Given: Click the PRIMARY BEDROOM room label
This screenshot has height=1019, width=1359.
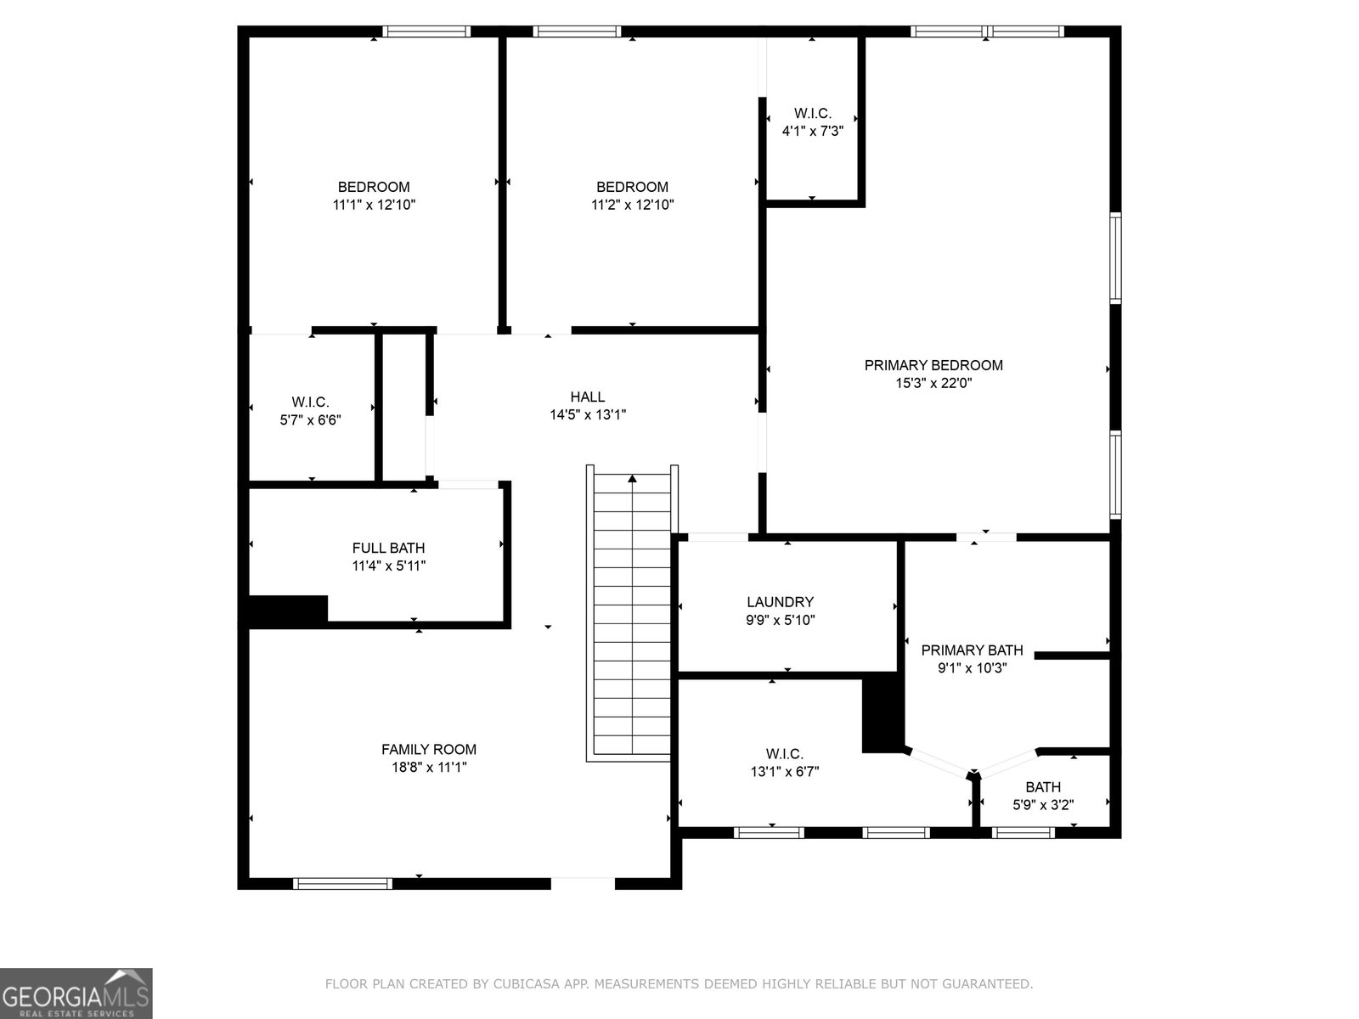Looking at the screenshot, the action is (933, 365).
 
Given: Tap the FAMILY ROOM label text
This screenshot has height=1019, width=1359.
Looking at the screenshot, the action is (428, 749).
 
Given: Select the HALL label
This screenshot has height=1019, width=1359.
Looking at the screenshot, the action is (588, 397).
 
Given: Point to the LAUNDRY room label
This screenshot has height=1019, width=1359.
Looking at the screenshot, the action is (780, 601).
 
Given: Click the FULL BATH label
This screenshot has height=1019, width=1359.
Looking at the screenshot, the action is (388, 548).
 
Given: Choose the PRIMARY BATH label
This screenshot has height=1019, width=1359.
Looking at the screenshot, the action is (972, 650).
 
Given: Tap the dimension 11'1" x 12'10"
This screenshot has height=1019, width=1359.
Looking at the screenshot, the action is (374, 205).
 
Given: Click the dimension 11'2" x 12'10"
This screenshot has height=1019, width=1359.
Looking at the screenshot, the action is (632, 205).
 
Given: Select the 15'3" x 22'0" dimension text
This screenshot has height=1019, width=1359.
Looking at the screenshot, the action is (933, 383).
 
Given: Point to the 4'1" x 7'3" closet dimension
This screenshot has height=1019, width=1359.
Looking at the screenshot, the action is (812, 131).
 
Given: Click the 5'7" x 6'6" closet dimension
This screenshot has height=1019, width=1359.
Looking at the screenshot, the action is (310, 420).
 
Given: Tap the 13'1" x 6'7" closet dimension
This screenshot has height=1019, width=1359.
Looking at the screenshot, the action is (785, 772).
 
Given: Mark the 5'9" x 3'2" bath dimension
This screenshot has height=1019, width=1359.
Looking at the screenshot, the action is (1043, 805).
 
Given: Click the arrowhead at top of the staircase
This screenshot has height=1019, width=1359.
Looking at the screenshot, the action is (632, 478).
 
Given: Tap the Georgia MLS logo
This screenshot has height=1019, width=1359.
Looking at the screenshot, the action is (76, 993).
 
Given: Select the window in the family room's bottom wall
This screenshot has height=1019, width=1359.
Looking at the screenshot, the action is (342, 883).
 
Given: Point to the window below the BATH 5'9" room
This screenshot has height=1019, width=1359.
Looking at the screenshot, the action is (1023, 833).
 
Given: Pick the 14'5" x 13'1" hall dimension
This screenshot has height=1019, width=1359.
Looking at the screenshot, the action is (588, 414).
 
